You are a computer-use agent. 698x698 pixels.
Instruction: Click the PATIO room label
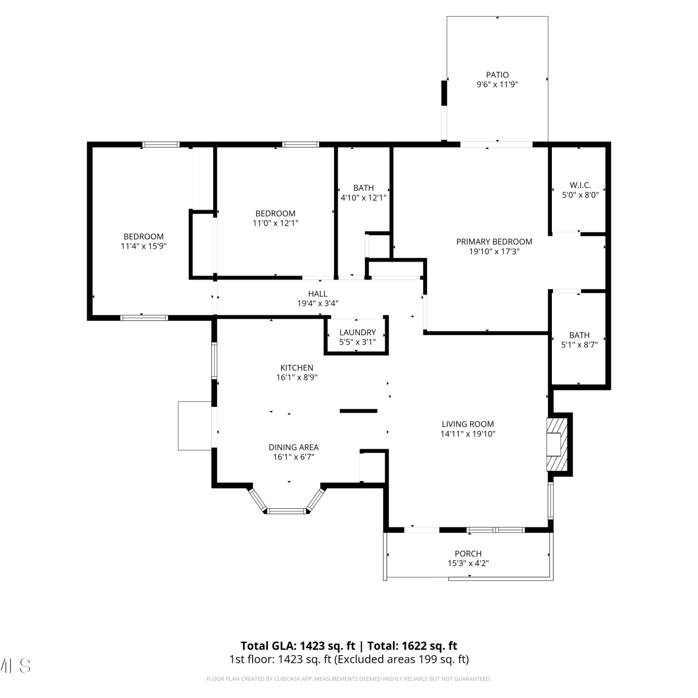[x=497, y=74]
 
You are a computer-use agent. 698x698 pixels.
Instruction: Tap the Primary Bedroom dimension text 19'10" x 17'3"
[x=494, y=252]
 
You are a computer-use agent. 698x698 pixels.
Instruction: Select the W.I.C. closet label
[x=580, y=185]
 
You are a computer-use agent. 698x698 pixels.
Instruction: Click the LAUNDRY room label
[x=357, y=332]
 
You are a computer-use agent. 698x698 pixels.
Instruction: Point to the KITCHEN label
[x=297, y=368]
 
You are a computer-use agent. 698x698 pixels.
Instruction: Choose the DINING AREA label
[x=294, y=447]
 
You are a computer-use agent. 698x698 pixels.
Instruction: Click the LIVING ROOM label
[x=468, y=424]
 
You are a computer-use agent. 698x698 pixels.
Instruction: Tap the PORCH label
[x=468, y=553]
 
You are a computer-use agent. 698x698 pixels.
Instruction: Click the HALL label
[x=318, y=294]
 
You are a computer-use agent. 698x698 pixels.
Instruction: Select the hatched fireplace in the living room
[x=557, y=444]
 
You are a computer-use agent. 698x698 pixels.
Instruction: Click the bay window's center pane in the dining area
[x=288, y=511]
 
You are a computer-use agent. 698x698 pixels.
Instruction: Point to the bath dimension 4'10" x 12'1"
[x=363, y=198]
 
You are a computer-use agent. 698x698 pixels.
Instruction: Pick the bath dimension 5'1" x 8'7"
[x=579, y=345]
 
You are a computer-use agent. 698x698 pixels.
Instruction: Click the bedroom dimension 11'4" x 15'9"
[x=144, y=246]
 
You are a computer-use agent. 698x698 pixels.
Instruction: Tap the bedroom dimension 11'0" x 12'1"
[x=275, y=223]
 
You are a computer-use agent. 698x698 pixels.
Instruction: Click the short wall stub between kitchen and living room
[x=358, y=411]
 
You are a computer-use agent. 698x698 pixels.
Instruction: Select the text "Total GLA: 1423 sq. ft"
[x=298, y=646]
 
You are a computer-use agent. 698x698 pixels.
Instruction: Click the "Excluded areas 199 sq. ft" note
[x=402, y=659]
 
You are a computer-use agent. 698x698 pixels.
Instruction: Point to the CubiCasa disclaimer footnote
[x=349, y=679]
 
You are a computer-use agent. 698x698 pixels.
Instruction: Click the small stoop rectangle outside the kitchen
[x=195, y=426]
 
